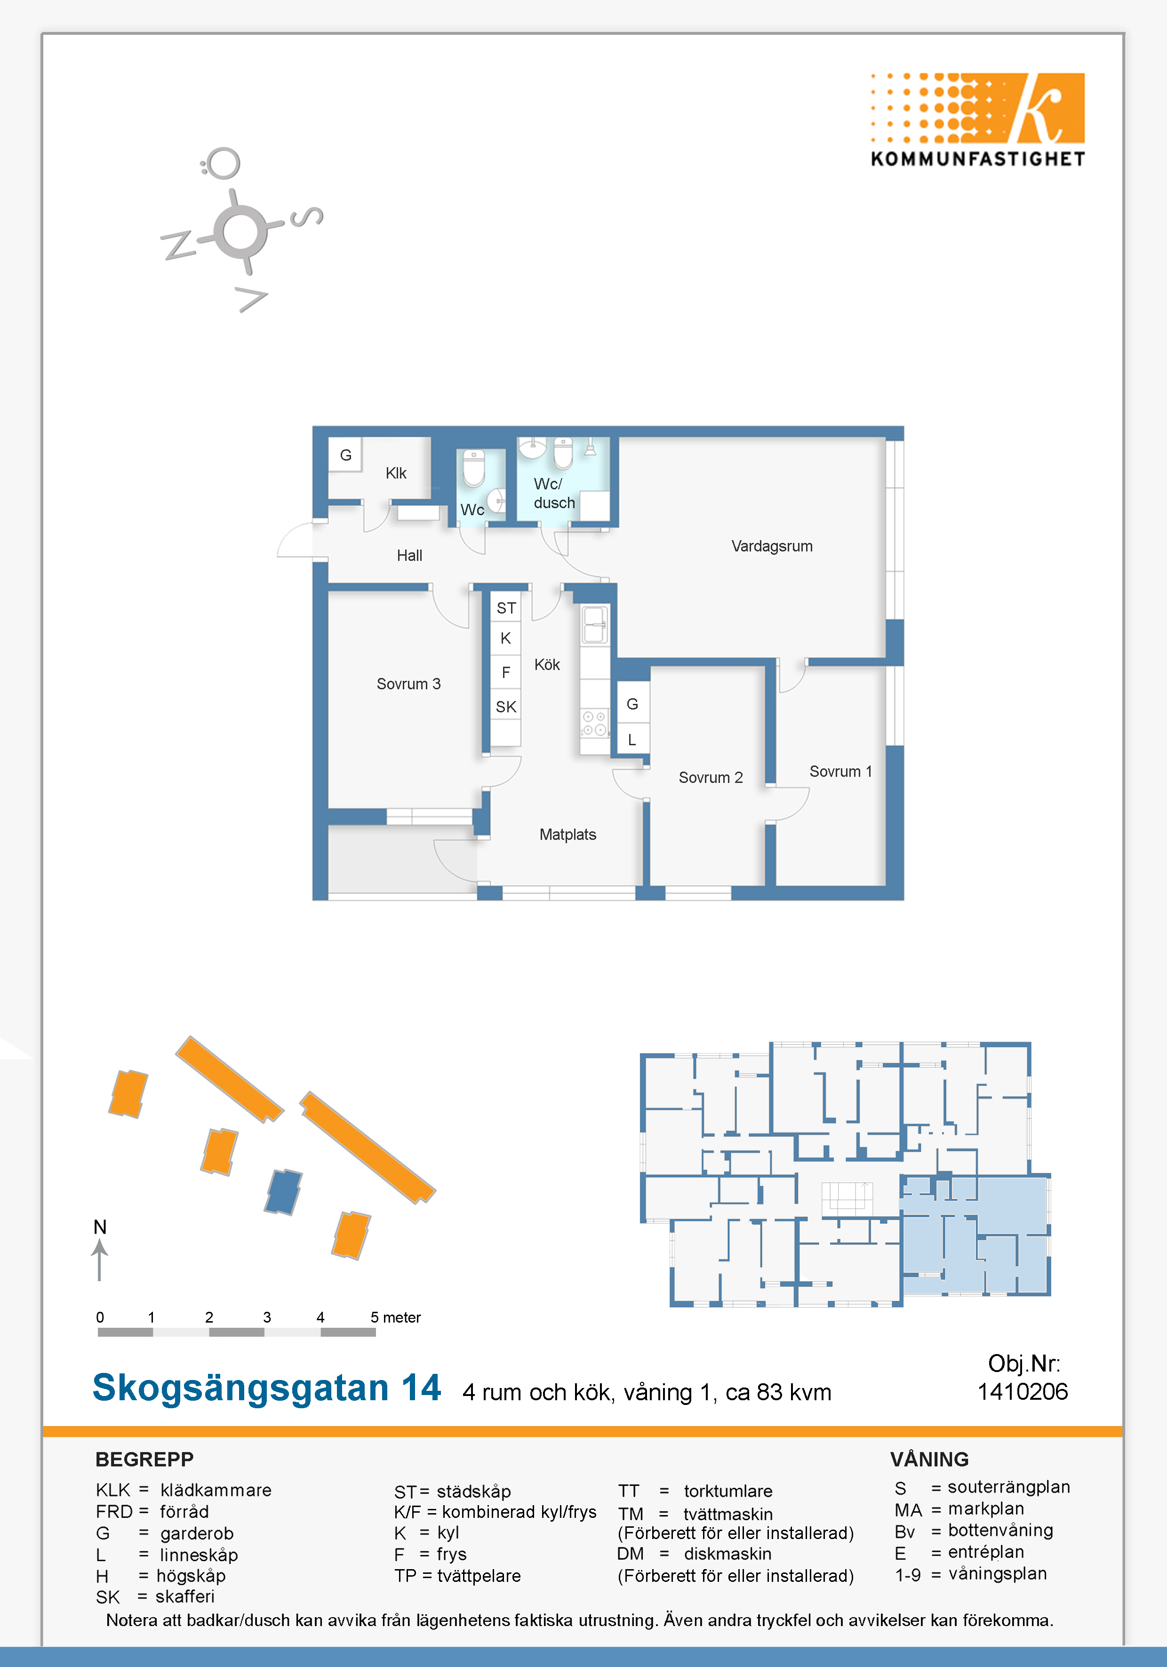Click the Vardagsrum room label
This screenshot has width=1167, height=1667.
click(772, 546)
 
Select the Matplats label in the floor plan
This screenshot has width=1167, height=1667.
click(568, 835)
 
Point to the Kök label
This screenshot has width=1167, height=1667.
click(547, 664)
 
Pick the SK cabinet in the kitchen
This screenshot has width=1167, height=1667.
click(506, 706)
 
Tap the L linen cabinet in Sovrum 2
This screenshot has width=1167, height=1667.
click(632, 740)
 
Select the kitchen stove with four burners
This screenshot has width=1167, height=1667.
click(594, 723)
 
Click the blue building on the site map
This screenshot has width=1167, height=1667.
click(283, 1191)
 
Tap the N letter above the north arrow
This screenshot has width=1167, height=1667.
click(100, 1227)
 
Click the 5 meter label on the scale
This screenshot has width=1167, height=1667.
click(396, 1317)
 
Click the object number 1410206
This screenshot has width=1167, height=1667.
click(1023, 1392)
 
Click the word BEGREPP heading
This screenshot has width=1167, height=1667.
click(144, 1460)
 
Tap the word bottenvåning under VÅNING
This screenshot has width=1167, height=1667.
click(1001, 1531)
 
